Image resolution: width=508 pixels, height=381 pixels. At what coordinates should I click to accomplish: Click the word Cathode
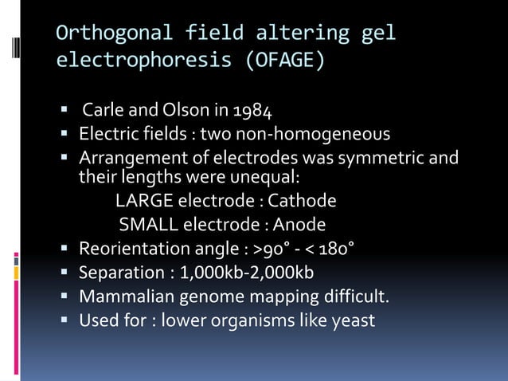coord(302,200)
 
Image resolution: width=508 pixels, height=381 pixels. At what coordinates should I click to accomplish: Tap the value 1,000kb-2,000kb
coord(247,273)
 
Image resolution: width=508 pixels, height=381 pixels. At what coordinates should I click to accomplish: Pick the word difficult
coord(353,297)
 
